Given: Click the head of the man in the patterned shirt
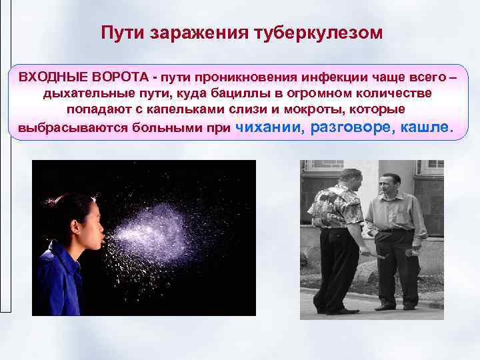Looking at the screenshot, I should click(349, 178).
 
